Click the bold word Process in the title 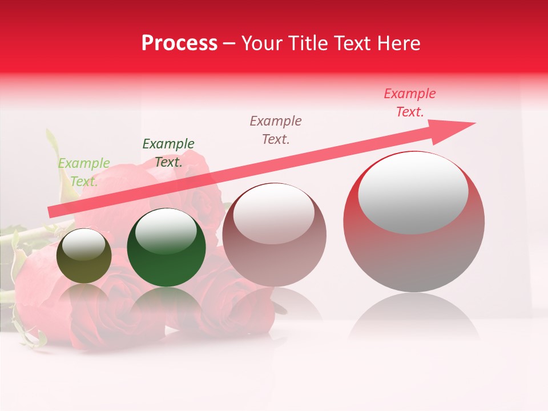coord(179,43)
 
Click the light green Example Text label coord(84,172)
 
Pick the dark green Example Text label coord(168,153)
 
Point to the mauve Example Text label coord(276,130)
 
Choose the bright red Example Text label coord(410,103)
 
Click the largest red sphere coord(414,257)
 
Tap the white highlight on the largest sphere coord(413,192)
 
